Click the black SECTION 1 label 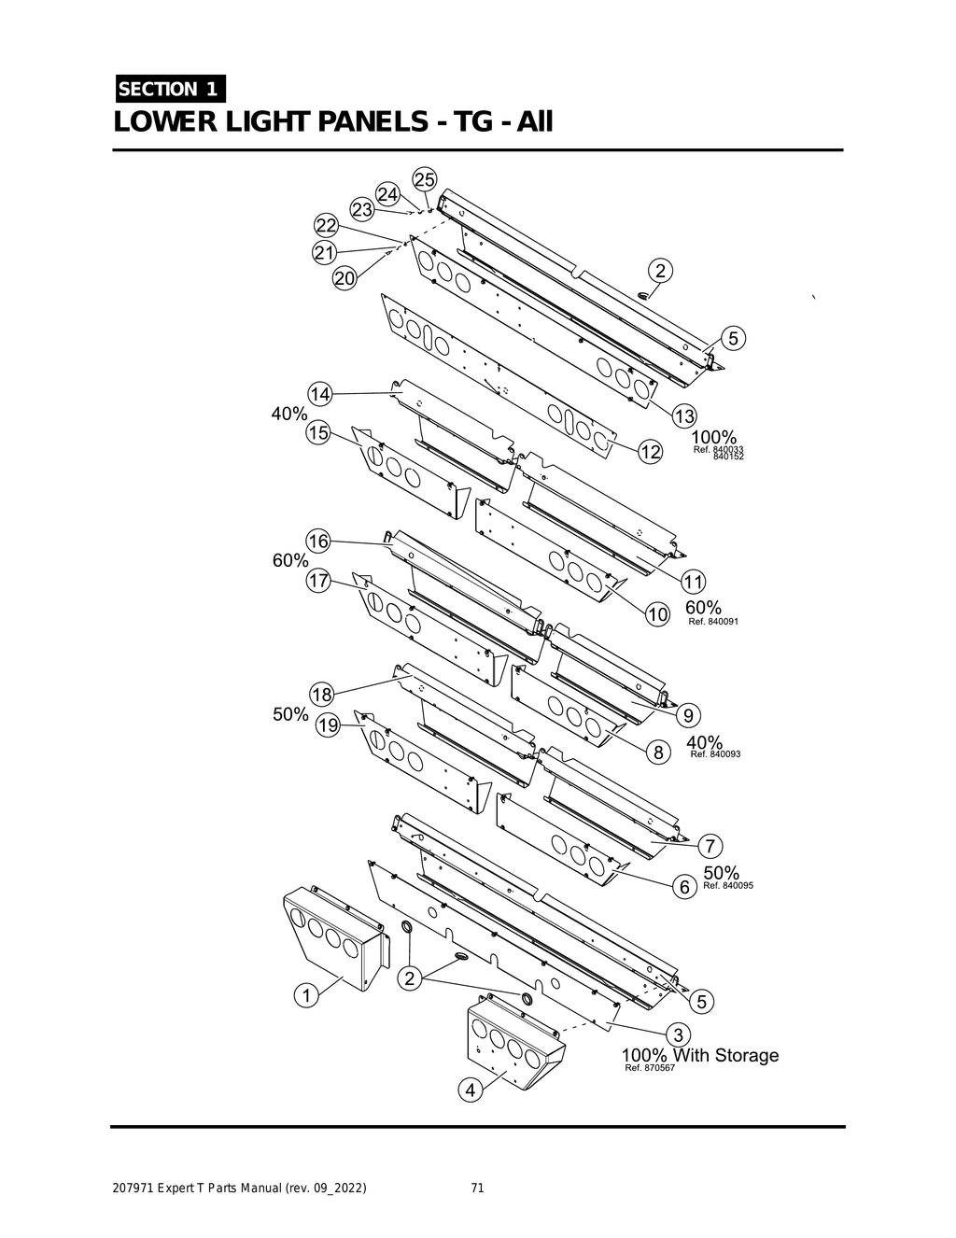(168, 89)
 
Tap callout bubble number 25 (425, 179)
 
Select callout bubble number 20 (344, 278)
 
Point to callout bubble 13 (685, 415)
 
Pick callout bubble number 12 (650, 453)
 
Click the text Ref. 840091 (713, 621)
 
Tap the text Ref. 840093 (715, 754)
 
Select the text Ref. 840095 (728, 885)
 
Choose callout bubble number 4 (471, 1090)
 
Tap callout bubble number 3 (680, 1034)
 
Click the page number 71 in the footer (477, 1189)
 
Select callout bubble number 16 (318, 542)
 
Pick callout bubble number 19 (328, 725)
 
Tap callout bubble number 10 (658, 614)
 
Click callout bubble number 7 (710, 847)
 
